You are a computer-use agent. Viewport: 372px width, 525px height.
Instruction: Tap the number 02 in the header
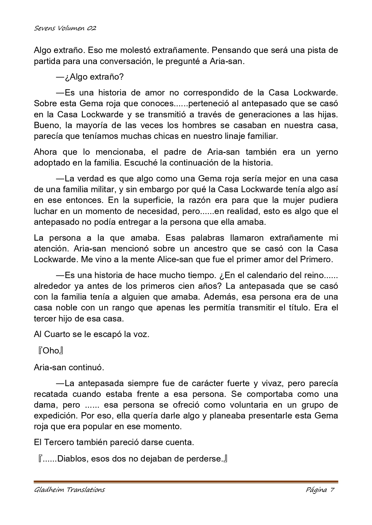coord(92,28)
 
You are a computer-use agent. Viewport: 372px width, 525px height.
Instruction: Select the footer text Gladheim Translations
coord(69,490)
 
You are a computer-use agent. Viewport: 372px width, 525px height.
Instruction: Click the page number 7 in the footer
coord(332,490)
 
